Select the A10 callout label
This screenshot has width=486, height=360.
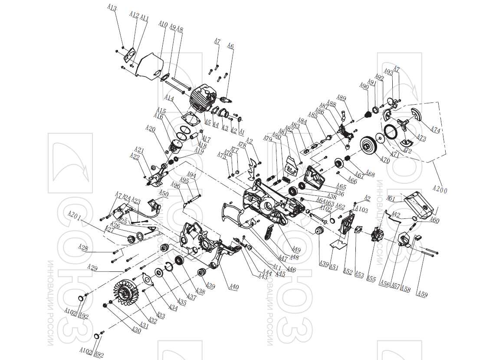click(163, 24)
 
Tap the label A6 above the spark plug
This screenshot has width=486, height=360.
click(230, 46)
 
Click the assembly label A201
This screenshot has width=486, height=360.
click(74, 216)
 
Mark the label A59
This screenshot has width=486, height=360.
click(422, 294)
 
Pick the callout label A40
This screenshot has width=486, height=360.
click(234, 287)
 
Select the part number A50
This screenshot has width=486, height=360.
click(163, 193)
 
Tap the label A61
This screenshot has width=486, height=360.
click(391, 199)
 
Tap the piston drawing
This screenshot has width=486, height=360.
click(178, 146)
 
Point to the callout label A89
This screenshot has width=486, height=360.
click(342, 98)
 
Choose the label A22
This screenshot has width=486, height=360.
click(135, 156)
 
